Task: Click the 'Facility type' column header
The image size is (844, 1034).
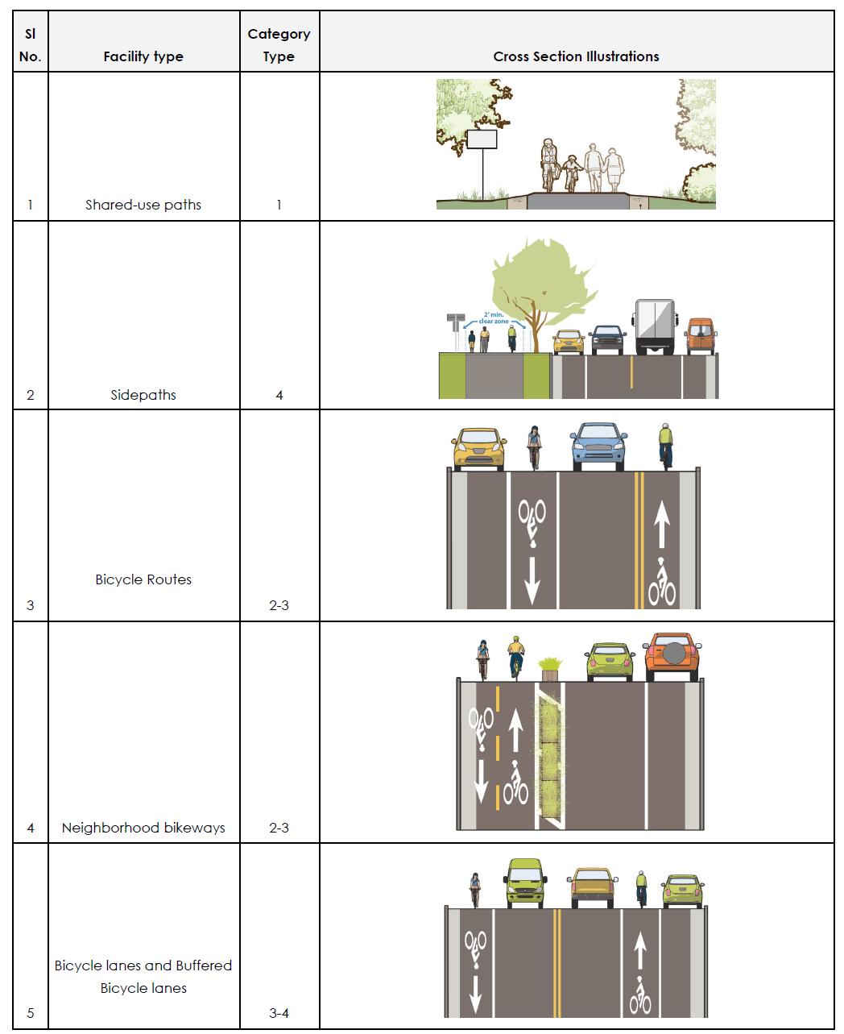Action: pyautogui.click(x=143, y=56)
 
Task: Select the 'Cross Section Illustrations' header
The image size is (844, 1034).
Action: pyautogui.click(x=576, y=56)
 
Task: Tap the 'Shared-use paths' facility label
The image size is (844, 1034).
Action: pyautogui.click(x=143, y=205)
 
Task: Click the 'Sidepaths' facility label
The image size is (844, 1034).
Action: pyautogui.click(x=143, y=395)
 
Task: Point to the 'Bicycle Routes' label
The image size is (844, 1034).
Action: pyautogui.click(x=143, y=579)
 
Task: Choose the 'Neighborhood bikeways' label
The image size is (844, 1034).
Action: pyautogui.click(x=143, y=828)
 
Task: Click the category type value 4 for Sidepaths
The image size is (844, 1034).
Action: pyautogui.click(x=279, y=395)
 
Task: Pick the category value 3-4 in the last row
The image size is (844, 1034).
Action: pyautogui.click(x=279, y=1013)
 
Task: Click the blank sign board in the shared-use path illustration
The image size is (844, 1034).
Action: pyautogui.click(x=482, y=139)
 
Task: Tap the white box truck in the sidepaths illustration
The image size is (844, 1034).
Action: pyautogui.click(x=654, y=326)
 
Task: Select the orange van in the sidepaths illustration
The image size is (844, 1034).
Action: pyautogui.click(x=700, y=336)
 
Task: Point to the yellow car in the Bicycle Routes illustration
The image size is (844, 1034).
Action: pyautogui.click(x=478, y=449)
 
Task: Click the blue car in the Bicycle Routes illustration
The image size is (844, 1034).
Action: pyautogui.click(x=598, y=446)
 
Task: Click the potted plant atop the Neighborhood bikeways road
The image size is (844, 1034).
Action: pyautogui.click(x=551, y=666)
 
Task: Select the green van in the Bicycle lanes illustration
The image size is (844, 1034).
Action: pyautogui.click(x=525, y=883)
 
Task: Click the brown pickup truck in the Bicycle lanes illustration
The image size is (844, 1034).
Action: pyautogui.click(x=593, y=887)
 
